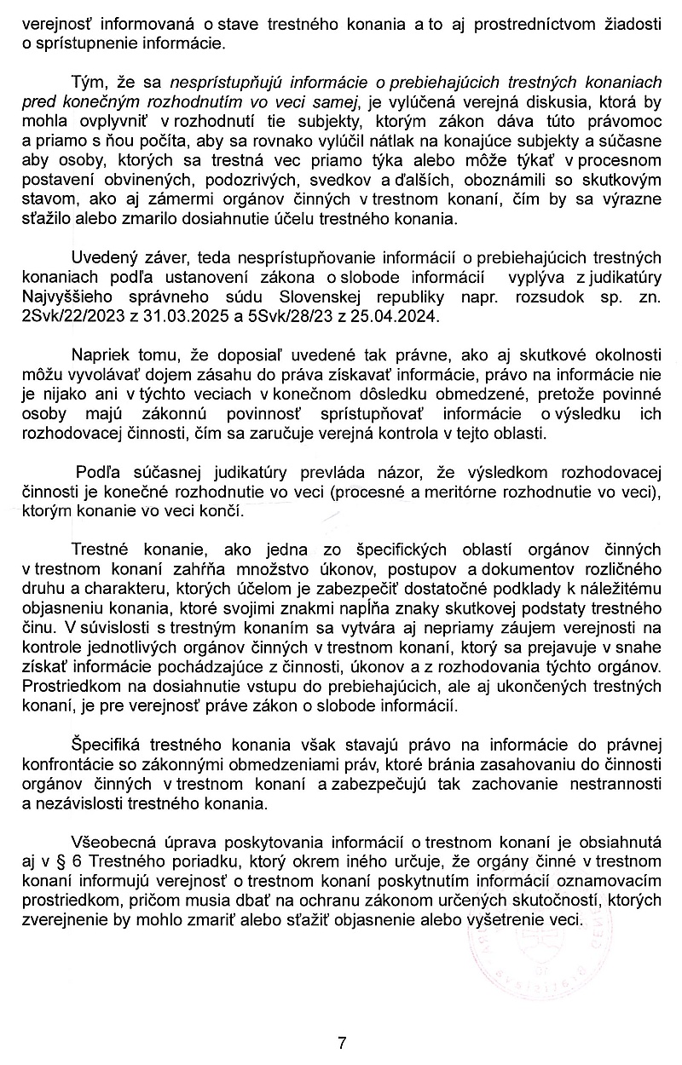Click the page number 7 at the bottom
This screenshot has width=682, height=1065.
click(341, 1042)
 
